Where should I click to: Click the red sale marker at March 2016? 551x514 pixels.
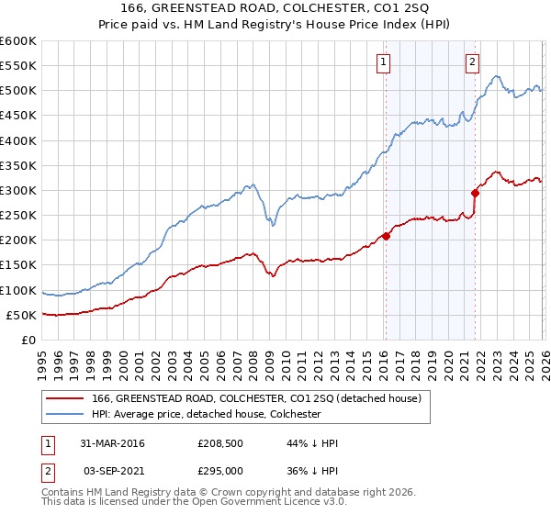pos(386,236)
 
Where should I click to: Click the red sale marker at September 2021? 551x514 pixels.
pos(475,193)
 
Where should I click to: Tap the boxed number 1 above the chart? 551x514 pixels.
pos(382,62)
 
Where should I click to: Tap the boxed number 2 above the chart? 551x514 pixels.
pos(472,62)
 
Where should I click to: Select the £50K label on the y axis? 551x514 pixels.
pos(21,316)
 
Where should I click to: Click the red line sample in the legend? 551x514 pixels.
pos(65,398)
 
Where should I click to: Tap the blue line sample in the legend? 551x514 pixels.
pos(65,415)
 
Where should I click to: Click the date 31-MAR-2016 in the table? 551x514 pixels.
pos(112,443)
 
